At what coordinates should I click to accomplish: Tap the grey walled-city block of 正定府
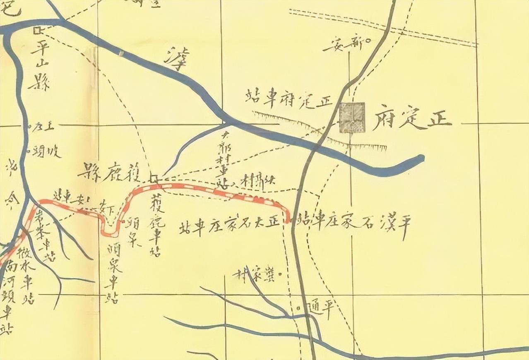click(x=352, y=118)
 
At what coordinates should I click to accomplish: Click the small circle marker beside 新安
click(x=366, y=40)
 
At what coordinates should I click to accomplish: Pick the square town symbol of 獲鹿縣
click(x=154, y=179)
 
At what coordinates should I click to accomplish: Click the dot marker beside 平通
click(x=299, y=308)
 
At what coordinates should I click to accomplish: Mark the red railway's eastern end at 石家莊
click(x=286, y=221)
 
